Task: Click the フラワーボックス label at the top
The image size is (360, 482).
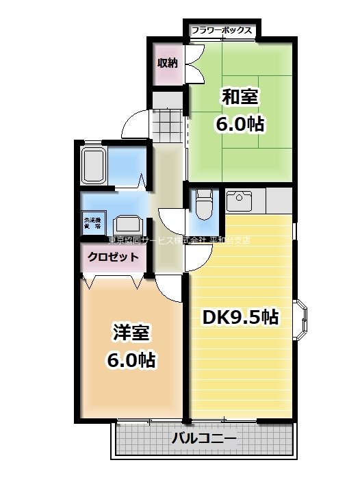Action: (x=222, y=30)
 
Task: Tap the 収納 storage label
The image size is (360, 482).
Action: (x=167, y=64)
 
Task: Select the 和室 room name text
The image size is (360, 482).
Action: (x=239, y=97)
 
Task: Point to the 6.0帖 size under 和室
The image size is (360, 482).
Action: (x=239, y=125)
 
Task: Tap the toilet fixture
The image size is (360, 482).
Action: (x=203, y=203)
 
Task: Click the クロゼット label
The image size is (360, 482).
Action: (x=113, y=257)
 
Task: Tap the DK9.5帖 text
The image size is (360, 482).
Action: (x=239, y=317)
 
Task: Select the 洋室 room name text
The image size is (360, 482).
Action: (x=130, y=334)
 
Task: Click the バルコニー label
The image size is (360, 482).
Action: (x=203, y=438)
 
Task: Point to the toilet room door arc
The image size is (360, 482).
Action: (x=198, y=254)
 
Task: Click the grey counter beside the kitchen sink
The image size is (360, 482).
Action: (x=277, y=201)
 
